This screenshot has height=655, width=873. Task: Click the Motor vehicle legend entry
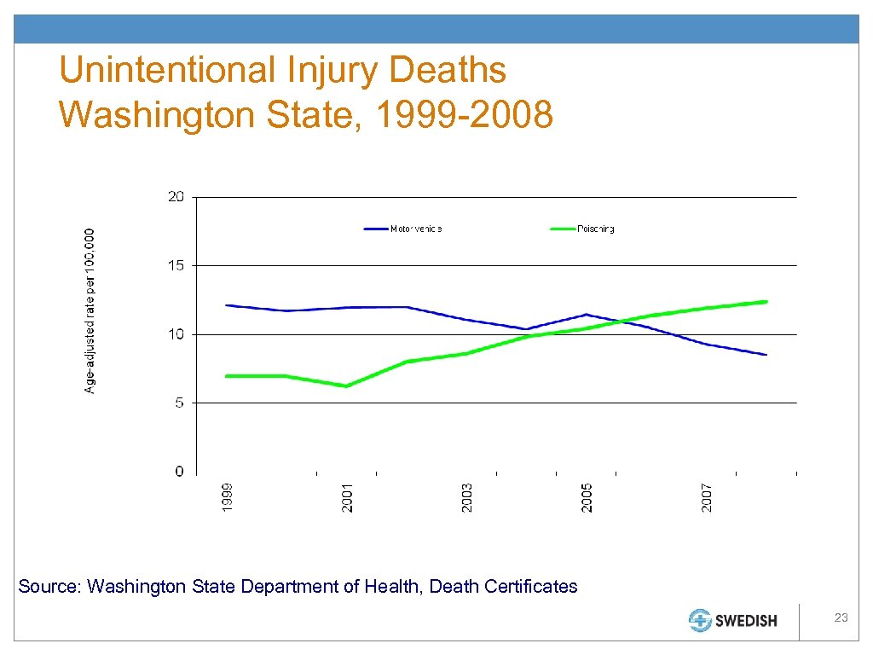click(416, 229)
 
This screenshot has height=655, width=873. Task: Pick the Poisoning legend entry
click(596, 229)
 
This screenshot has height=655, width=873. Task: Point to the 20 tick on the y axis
click(176, 197)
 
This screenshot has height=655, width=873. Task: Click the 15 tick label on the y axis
click(176, 265)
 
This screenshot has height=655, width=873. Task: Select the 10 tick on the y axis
click(176, 334)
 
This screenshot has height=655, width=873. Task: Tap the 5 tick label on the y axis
click(179, 403)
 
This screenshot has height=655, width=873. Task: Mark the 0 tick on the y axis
click(179, 472)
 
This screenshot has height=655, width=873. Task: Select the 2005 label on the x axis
click(587, 497)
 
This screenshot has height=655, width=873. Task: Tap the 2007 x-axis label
click(708, 497)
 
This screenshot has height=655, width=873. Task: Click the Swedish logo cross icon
click(701, 621)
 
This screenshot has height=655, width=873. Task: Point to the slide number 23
click(841, 617)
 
